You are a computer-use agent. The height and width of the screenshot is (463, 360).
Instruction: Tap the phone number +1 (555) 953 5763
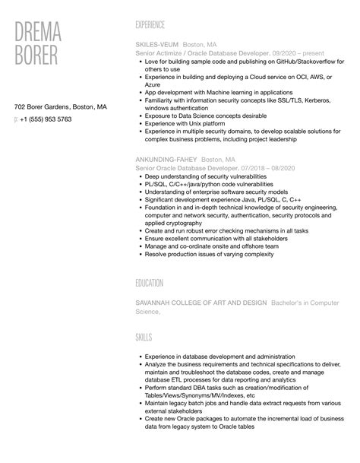(47, 119)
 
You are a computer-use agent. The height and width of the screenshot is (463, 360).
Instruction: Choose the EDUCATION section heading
(150, 283)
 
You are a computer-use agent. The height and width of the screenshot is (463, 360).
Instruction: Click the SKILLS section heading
(144, 335)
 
